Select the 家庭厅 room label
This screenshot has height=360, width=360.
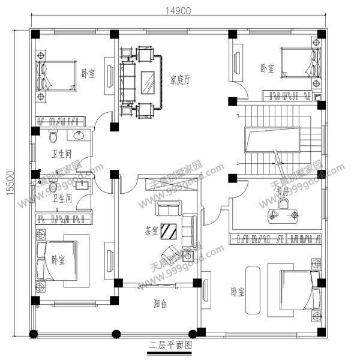(180, 78)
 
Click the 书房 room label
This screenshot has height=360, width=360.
(283, 190)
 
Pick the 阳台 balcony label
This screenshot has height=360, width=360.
(158, 305)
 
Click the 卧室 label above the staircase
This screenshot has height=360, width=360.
(267, 68)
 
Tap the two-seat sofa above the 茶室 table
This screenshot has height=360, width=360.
(168, 209)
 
